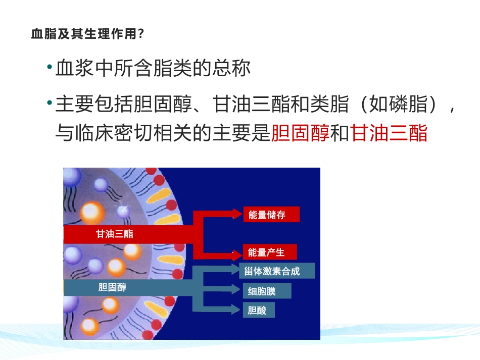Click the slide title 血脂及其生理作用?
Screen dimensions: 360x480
pyautogui.click(x=88, y=34)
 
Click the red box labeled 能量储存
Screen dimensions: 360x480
pyautogui.click(x=271, y=215)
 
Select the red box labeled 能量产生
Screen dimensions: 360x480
pyautogui.click(x=268, y=252)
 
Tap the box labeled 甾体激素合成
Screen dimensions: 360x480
pyautogui.click(x=276, y=271)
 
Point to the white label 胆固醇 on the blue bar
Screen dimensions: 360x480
pyautogui.click(x=113, y=287)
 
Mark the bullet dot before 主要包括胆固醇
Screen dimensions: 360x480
pyautogui.click(x=49, y=104)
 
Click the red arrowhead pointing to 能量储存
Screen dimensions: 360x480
pyautogui.click(x=237, y=214)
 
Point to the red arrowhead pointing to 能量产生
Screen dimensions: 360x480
pyautogui.click(x=237, y=252)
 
